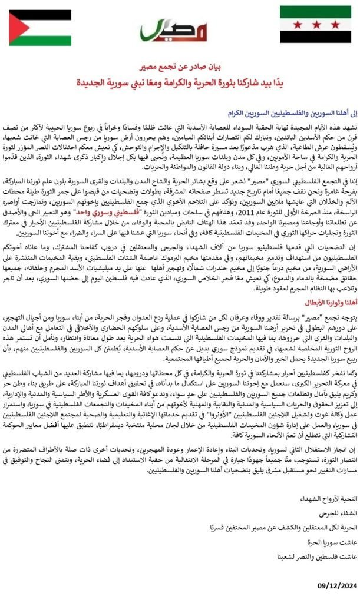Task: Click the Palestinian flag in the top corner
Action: (40, 28)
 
